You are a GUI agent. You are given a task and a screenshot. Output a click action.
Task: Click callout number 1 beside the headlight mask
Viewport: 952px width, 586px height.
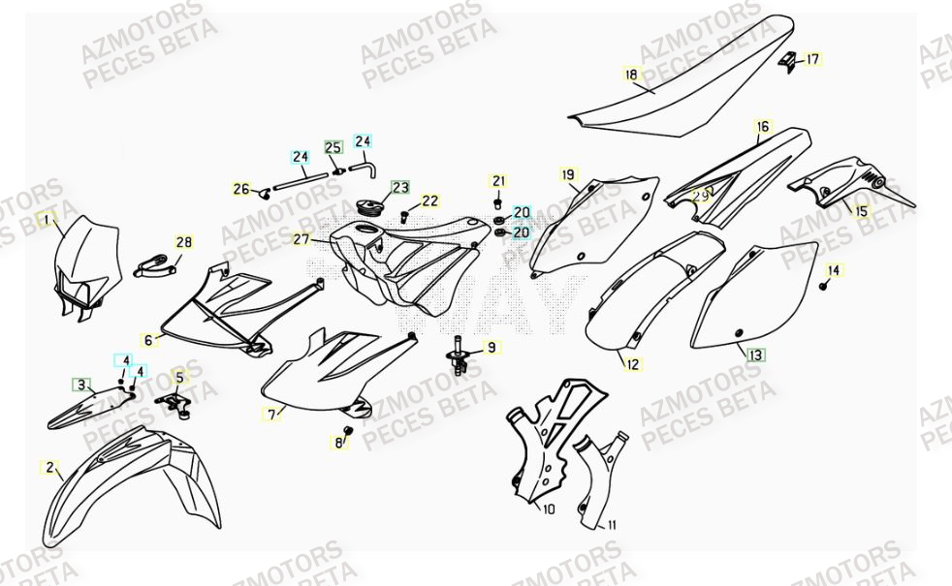click(45, 220)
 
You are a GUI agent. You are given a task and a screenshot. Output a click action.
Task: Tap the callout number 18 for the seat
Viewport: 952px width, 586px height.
click(631, 74)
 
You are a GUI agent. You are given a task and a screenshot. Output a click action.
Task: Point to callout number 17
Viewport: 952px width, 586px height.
click(812, 59)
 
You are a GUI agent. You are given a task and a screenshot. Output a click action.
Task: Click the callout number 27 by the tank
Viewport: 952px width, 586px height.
click(301, 239)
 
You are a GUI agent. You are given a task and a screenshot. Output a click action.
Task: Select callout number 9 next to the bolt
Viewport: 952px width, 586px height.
click(492, 347)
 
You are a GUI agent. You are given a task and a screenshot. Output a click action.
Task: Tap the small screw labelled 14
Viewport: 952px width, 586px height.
click(824, 286)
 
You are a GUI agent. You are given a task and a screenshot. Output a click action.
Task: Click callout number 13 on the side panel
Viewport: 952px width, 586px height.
click(754, 355)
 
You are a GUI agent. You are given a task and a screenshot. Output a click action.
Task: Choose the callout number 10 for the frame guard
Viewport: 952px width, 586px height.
click(548, 508)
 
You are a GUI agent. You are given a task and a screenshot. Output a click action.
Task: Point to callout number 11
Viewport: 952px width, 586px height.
click(612, 525)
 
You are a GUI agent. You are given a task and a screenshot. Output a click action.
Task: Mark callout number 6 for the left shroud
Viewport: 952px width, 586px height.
click(149, 340)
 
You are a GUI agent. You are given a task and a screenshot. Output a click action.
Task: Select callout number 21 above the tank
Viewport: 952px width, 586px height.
click(499, 181)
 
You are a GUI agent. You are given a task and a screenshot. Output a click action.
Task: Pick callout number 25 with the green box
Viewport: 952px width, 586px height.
click(333, 148)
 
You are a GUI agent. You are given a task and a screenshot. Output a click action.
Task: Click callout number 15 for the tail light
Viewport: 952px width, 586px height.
click(861, 209)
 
